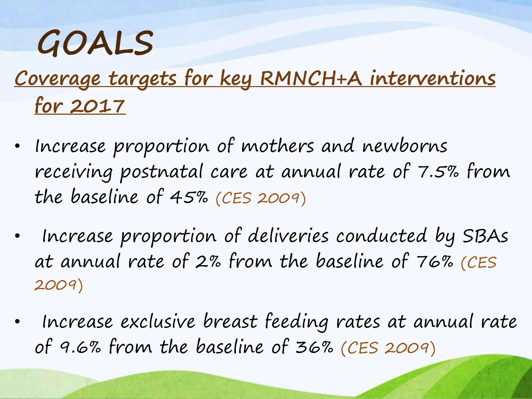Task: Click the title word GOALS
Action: pyautogui.click(x=95, y=43)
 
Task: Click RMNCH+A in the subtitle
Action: pyautogui.click(x=311, y=78)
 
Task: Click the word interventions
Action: pyautogui.click(x=433, y=78)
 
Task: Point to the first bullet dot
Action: pyautogui.click(x=17, y=146)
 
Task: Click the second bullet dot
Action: pyautogui.click(x=17, y=236)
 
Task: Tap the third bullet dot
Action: pyautogui.click(x=17, y=322)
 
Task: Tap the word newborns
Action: pyautogui.click(x=405, y=146)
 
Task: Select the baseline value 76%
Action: pyautogui.click(x=435, y=261)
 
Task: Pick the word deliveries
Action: pyautogui.click(x=288, y=236)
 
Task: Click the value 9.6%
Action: pyautogui.click(x=80, y=347)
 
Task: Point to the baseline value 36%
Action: pyautogui.click(x=314, y=347)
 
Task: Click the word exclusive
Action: pyautogui.click(x=158, y=322)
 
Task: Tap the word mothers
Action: pyautogui.click(x=277, y=146)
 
